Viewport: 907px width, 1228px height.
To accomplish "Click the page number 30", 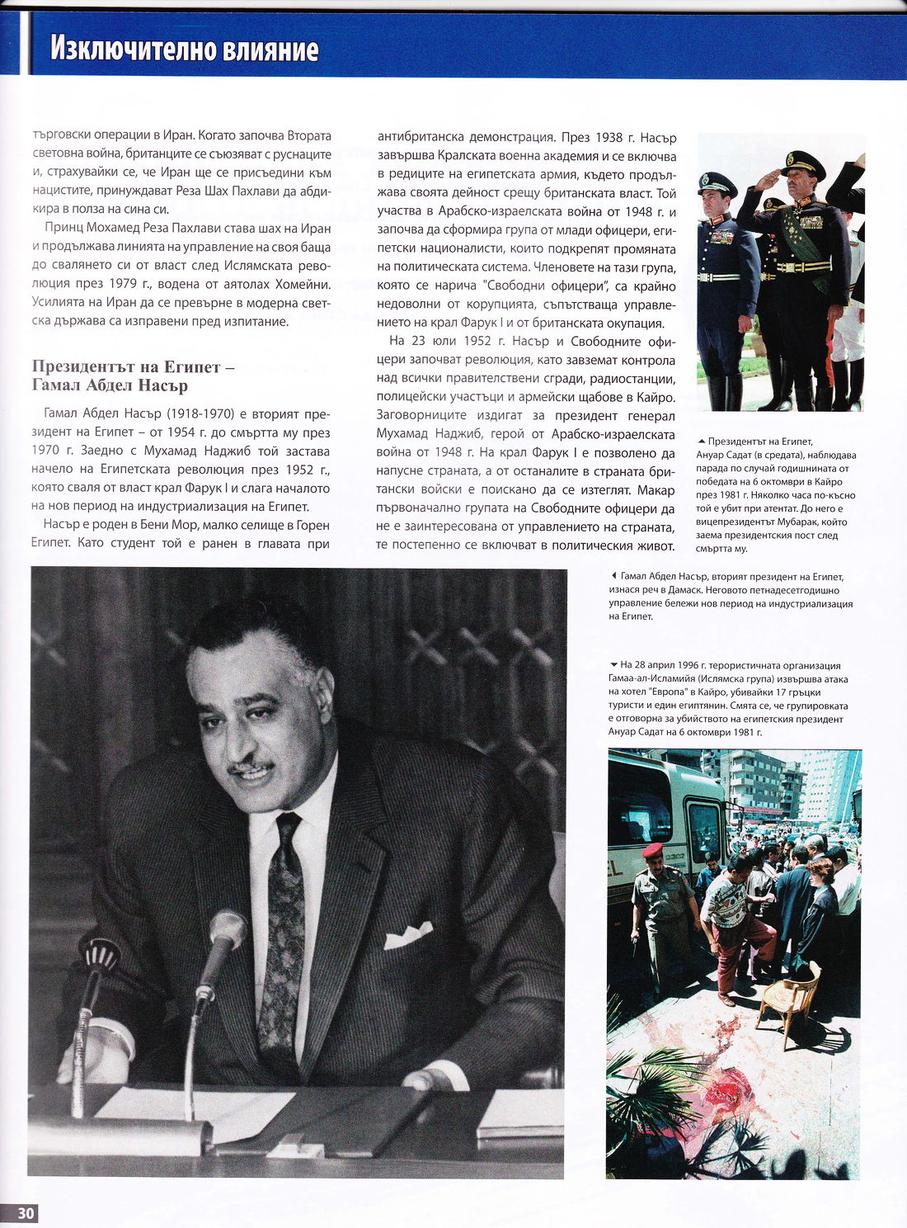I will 26,1212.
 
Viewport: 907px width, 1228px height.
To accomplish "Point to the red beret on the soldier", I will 652,850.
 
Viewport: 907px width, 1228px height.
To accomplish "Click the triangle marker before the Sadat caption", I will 701,442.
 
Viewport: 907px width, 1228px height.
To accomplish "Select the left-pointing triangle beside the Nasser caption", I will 613,576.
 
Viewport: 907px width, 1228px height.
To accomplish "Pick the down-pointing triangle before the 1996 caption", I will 613,665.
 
